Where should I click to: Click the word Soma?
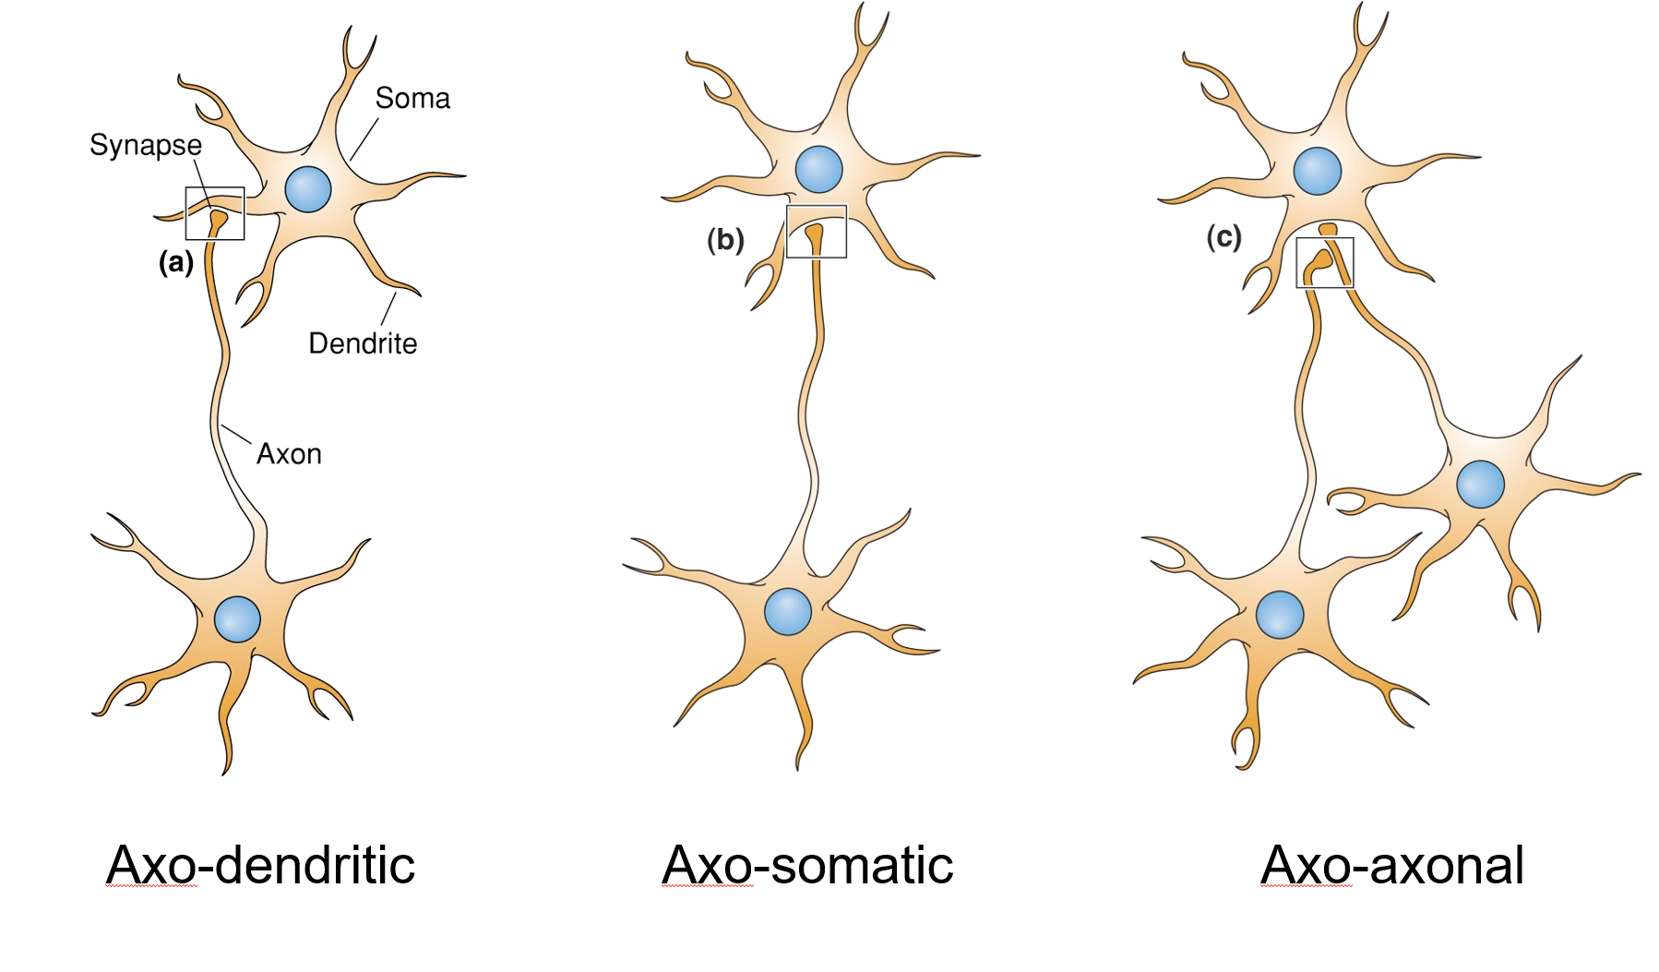click(412, 98)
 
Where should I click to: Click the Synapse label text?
click(146, 145)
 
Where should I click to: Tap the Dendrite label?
click(363, 343)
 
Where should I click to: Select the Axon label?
click(289, 454)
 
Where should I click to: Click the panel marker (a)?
click(176, 262)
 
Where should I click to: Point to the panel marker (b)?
click(725, 240)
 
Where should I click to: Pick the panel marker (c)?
click(1223, 237)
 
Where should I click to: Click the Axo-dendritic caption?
click(261, 866)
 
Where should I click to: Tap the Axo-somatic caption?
click(807, 866)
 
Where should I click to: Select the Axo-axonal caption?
click(1391, 866)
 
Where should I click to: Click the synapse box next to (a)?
click(215, 213)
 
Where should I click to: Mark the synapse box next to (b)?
click(817, 232)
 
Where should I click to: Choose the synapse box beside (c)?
click(1325, 263)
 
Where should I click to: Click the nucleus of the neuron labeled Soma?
click(308, 189)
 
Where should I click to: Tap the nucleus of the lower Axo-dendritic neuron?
click(237, 618)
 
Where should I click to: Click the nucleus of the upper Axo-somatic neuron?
click(818, 170)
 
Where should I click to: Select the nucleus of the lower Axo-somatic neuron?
click(788, 611)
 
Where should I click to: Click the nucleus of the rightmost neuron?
click(1480, 484)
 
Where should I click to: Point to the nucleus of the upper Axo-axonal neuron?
click(1318, 171)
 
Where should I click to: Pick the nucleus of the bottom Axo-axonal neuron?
click(1280, 615)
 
